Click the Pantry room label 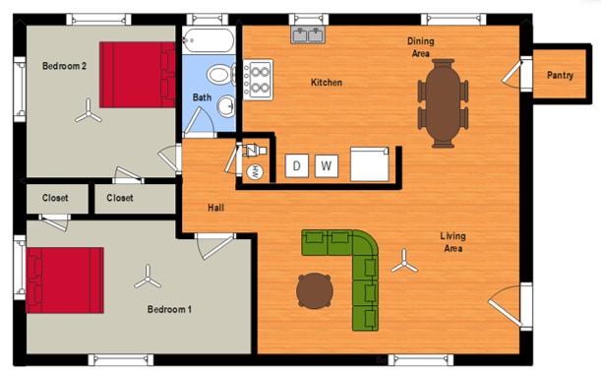click(560, 75)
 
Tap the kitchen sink click(308, 34)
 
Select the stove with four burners click(258, 80)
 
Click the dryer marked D click(297, 165)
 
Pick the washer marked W click(327, 166)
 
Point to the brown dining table click(443, 103)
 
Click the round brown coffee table click(315, 290)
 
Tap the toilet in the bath click(221, 75)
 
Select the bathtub click(209, 40)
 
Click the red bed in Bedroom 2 click(138, 75)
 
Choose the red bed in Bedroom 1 click(65, 281)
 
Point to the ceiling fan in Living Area click(404, 262)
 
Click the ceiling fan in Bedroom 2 click(89, 112)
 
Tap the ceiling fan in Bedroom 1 click(148, 278)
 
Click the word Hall click(215, 208)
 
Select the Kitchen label click(327, 83)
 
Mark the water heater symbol click(255, 171)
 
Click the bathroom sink click(226, 106)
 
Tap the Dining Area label click(420, 47)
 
